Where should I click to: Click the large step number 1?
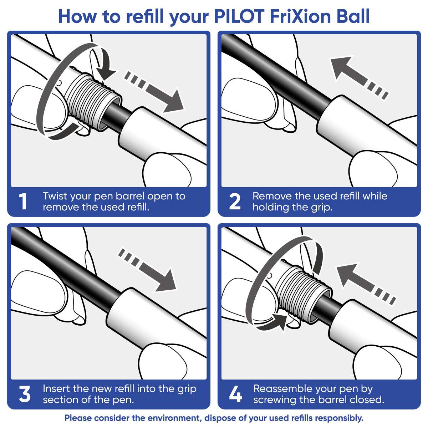coord(23,202)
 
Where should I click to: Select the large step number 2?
coord(234,202)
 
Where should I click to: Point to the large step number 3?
coord(24,394)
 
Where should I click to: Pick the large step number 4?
coord(235,394)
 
